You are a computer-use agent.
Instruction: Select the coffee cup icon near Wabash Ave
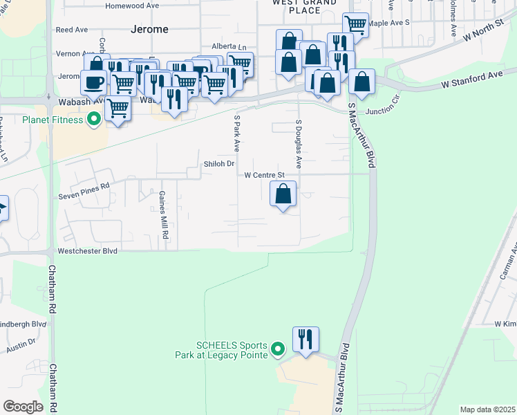[95, 82]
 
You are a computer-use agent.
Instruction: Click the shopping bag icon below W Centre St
[283, 194]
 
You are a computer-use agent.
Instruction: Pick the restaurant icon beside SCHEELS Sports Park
[305, 340]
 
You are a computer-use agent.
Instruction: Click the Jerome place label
[149, 29]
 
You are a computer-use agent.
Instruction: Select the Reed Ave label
[72, 30]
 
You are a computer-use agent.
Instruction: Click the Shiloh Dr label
[220, 164]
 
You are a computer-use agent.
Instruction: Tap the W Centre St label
[265, 176]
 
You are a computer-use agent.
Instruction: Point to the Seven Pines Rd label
[86, 187]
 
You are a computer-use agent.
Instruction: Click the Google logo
[23, 406]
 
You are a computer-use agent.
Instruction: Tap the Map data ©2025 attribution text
[487, 409]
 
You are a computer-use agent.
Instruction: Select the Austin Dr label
[21, 342]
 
